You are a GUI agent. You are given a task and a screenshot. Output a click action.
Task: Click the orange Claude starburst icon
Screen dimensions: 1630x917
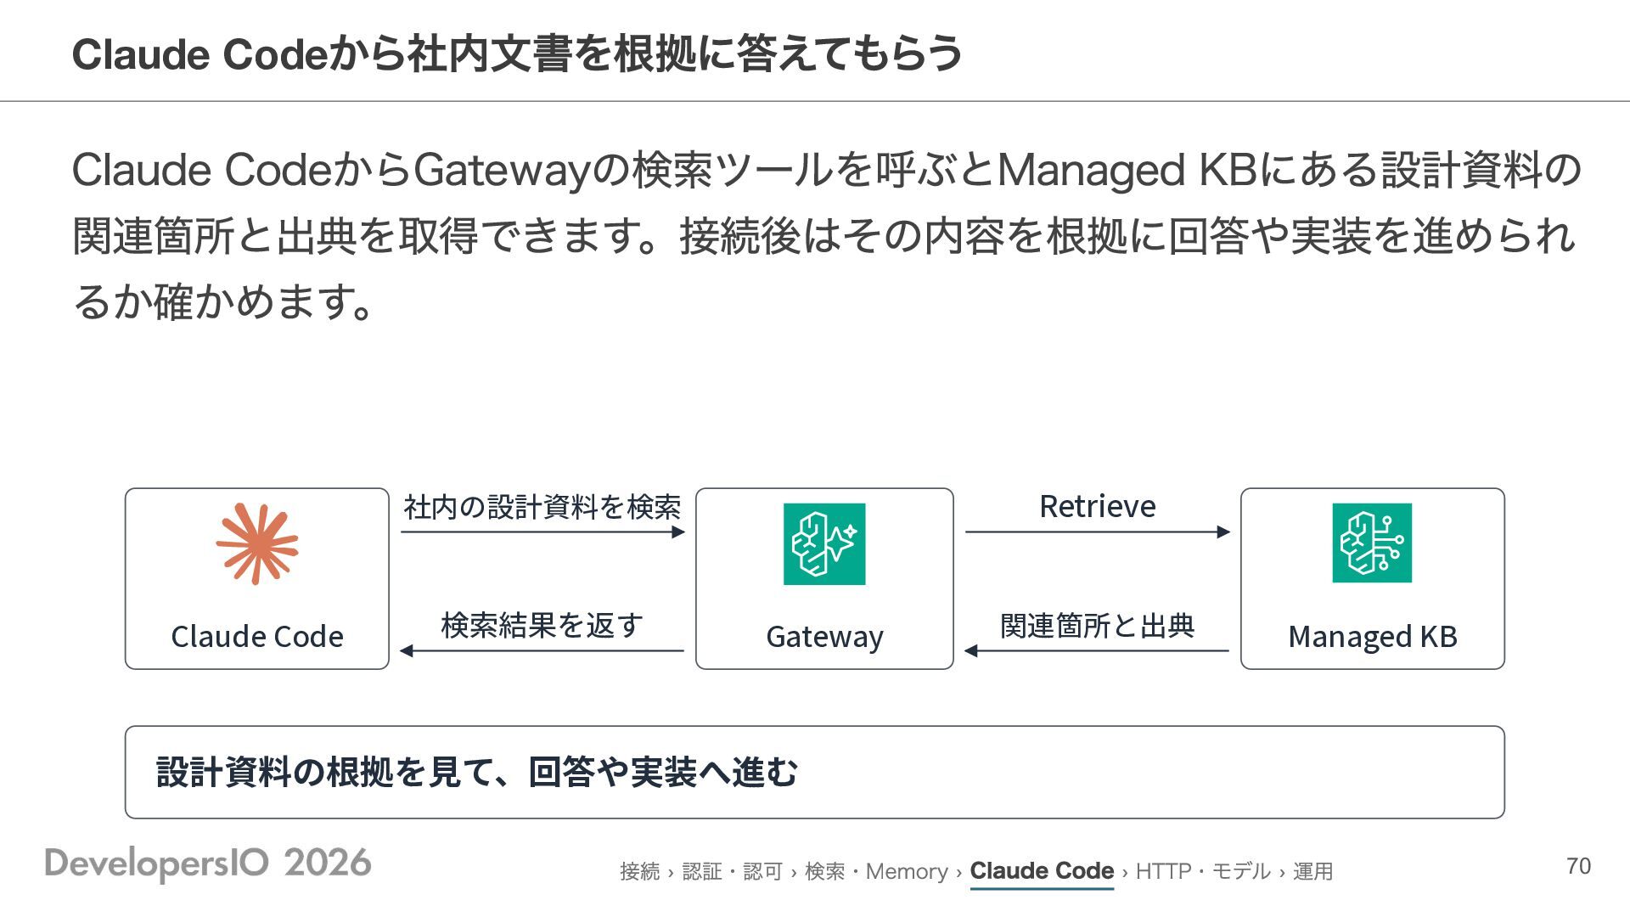pos(257,543)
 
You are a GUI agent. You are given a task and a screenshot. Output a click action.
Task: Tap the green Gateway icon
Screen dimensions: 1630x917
pos(824,543)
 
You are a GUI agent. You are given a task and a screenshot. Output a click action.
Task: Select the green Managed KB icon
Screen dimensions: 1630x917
pos(1372,543)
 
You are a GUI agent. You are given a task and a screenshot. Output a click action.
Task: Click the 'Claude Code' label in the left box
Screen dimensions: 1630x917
pos(257,636)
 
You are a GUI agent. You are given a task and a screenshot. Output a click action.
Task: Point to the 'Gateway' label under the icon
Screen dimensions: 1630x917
pos(824,637)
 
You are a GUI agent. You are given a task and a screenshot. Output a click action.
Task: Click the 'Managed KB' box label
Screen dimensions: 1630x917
pos(1373,636)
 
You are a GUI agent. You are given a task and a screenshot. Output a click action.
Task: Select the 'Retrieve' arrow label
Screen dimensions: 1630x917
pos(1098,506)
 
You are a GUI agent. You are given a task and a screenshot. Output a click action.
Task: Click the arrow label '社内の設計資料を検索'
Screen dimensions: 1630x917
pos(542,507)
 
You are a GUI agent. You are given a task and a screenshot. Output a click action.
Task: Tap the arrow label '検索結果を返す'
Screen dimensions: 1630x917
pos(542,626)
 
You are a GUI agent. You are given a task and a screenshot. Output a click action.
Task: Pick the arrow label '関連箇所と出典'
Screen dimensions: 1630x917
pos(1098,626)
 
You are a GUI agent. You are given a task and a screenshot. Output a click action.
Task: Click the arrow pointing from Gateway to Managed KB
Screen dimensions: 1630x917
pos(1098,532)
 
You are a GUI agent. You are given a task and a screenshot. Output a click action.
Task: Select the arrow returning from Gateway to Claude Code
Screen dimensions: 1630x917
pos(542,651)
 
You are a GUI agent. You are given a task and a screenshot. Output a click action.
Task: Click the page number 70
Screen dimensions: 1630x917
pos(1578,866)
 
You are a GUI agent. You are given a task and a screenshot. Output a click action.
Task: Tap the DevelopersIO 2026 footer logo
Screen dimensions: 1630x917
pos(208,864)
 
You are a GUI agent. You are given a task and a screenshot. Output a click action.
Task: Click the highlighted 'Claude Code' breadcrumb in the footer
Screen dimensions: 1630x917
pos(1042,871)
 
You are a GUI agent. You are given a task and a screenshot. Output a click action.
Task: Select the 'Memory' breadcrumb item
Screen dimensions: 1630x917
pos(907,871)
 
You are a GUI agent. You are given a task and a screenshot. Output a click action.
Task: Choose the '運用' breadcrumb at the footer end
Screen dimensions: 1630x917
pos(1312,871)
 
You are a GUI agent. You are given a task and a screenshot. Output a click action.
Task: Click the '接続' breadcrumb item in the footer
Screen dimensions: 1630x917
pos(639,871)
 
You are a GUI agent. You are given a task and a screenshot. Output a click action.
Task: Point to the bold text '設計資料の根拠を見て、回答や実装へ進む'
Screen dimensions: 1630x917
pos(477,772)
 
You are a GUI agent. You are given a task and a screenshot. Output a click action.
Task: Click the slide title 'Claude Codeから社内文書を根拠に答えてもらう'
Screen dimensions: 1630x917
pos(517,53)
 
